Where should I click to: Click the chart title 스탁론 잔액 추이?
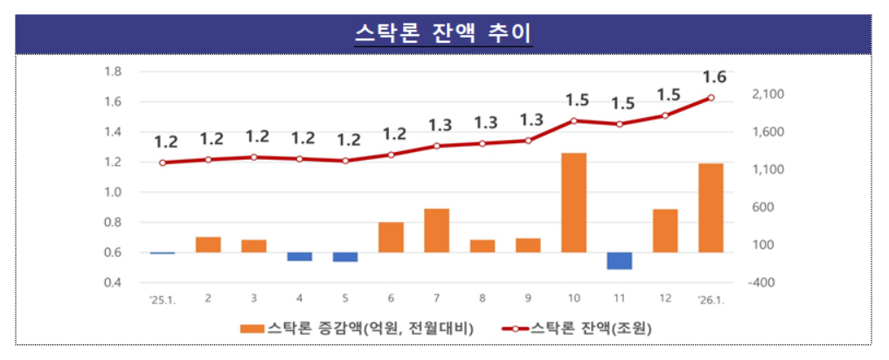[x=444, y=32]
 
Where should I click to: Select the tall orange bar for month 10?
[x=573, y=202]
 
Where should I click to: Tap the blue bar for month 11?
[x=619, y=260]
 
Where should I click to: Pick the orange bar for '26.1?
[x=711, y=207]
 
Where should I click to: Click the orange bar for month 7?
[x=436, y=230]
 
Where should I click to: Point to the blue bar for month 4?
[x=299, y=256]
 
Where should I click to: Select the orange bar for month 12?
[x=665, y=231]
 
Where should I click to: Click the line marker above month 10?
[x=573, y=121]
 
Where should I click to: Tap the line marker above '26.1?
[x=711, y=97]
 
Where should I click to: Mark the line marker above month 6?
[x=391, y=155]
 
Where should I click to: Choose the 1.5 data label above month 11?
[x=622, y=103]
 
